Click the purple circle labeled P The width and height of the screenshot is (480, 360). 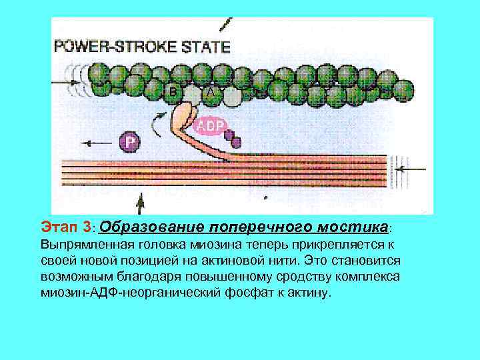[130, 142]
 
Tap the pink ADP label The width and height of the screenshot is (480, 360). [209, 125]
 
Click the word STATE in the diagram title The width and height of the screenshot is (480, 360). [207, 47]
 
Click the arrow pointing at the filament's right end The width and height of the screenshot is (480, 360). [413, 169]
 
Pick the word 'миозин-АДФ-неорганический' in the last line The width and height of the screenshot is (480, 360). [129, 292]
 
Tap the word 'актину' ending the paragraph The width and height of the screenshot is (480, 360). [308, 292]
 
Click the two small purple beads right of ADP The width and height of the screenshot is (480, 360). [232, 138]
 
